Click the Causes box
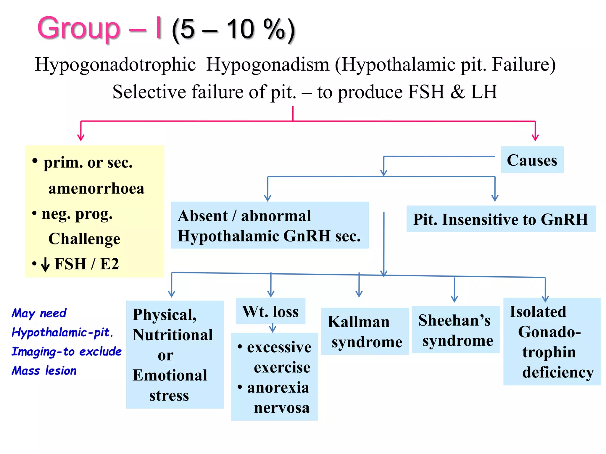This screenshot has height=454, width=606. (532, 160)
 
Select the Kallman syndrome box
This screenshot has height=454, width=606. (365, 331)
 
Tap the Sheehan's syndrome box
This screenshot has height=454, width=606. (456, 330)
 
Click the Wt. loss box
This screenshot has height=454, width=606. (270, 311)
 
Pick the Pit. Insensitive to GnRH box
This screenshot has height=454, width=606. (501, 219)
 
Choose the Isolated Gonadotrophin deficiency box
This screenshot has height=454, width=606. (552, 341)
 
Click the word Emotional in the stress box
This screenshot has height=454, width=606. (170, 375)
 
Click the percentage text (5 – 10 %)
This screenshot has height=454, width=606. (233, 30)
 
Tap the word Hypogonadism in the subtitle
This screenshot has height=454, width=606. (267, 64)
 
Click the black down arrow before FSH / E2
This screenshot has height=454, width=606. (45, 264)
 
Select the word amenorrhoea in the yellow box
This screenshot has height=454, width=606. (96, 188)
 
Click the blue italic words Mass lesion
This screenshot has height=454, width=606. (44, 371)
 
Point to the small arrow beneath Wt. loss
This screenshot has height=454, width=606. (273, 328)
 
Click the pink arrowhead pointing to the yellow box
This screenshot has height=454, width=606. (81, 137)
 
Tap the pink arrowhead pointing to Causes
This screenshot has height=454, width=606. (535, 137)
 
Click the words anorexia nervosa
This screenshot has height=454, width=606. (278, 397)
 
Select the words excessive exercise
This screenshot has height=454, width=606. (279, 357)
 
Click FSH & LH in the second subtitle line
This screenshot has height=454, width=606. (452, 92)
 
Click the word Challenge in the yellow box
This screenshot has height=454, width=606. (84, 239)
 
